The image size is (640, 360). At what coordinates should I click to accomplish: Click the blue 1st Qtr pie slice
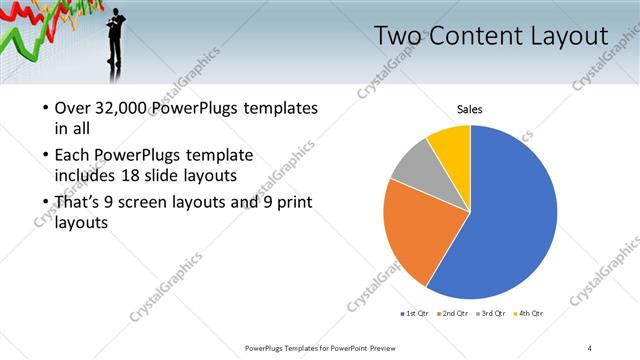coord(510,220)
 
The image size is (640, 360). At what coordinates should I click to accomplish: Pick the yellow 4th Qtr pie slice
coord(451,145)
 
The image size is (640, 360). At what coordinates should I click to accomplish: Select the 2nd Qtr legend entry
coord(454,313)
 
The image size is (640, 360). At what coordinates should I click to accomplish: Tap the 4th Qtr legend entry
coord(529,313)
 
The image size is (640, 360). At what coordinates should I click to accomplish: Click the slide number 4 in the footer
coord(590,347)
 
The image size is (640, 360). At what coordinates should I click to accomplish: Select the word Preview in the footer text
coord(394,347)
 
